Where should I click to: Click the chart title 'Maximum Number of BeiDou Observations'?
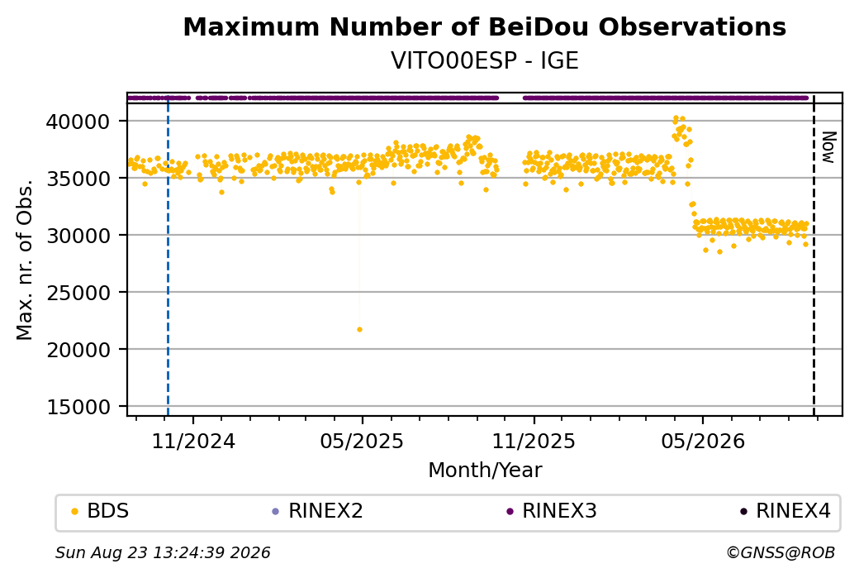tap(484, 26)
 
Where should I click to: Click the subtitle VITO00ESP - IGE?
tap(484, 61)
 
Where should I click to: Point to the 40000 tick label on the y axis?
tap(78, 122)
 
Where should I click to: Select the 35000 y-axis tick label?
tap(78, 179)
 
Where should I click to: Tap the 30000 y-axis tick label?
tap(78, 236)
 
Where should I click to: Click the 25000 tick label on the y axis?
tap(78, 293)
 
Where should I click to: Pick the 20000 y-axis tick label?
tap(78, 350)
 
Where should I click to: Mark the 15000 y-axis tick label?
tap(78, 407)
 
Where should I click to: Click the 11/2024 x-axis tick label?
tap(192, 442)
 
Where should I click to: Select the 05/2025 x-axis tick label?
tap(362, 442)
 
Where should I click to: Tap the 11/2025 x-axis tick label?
tap(534, 442)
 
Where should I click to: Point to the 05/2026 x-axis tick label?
tap(703, 442)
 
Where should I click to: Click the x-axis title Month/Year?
tap(485, 470)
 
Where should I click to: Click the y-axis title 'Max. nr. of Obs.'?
tap(25, 260)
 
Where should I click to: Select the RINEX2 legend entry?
tap(318, 511)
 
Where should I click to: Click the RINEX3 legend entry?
tap(552, 511)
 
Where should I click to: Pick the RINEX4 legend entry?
tap(785, 511)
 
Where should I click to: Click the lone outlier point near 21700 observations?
tap(359, 330)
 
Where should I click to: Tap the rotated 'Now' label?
tap(828, 147)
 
